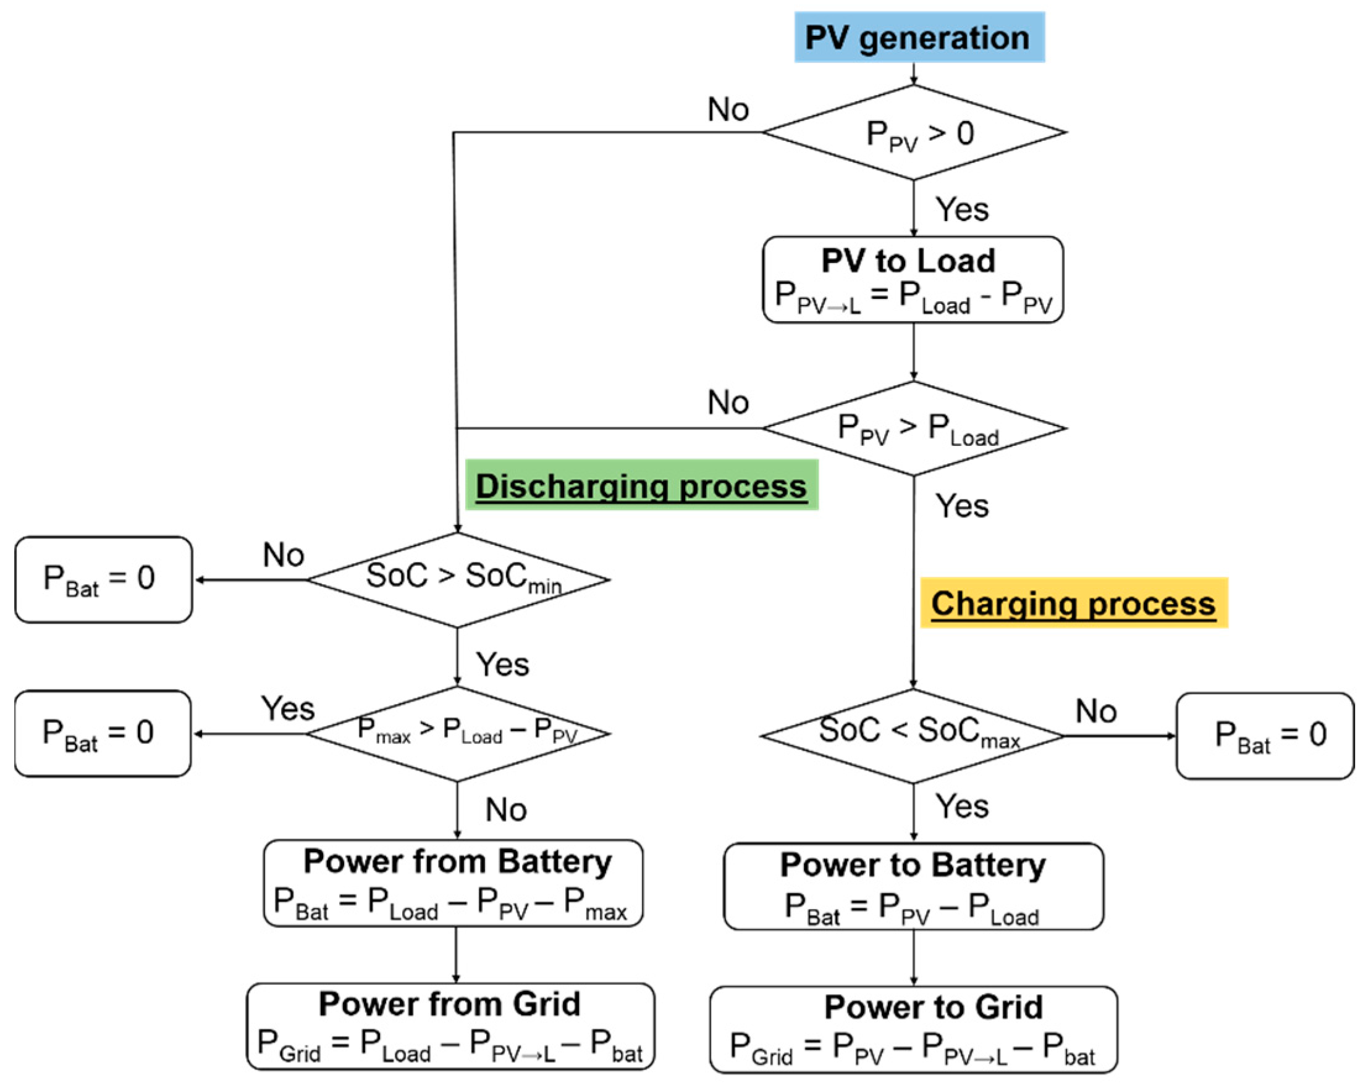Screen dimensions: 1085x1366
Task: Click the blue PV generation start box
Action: [x=919, y=36]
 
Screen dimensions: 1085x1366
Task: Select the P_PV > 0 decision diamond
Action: [x=914, y=133]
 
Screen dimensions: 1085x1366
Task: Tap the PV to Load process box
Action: [x=913, y=280]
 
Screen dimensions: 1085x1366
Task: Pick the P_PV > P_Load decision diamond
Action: [x=914, y=429]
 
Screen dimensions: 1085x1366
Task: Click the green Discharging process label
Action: [x=641, y=485]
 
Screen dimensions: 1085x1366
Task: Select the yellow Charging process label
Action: [x=1074, y=602]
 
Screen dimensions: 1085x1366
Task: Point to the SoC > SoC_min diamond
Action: [x=457, y=580]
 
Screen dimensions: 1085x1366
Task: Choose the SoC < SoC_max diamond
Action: [x=913, y=736]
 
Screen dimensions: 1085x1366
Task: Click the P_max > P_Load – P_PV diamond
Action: [x=457, y=734]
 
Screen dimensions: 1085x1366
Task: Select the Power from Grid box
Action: [x=450, y=1027]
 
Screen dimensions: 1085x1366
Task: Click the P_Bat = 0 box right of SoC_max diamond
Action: [x=1265, y=736]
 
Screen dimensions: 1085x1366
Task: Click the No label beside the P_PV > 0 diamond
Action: [x=728, y=109]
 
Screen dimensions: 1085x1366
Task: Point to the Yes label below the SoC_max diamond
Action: [x=962, y=806]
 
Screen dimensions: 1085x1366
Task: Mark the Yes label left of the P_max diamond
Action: [x=288, y=708]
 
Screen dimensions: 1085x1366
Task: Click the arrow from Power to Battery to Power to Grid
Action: [x=913, y=958]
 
